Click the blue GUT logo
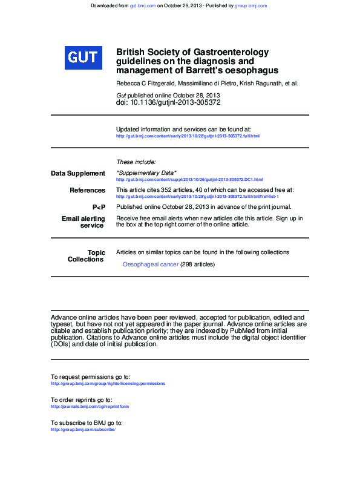point(82,57)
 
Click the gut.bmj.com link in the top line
point(143,5)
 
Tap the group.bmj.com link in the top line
point(250,5)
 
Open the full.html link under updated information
point(187,136)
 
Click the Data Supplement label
point(77,174)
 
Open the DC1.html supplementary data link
point(189,180)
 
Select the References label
point(87,191)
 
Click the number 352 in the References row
point(167,190)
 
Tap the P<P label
point(98,207)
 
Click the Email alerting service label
point(83,222)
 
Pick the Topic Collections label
point(86,256)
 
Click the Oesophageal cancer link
point(150,265)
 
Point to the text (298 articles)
point(197,265)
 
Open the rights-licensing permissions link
point(108,384)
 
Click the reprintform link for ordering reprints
point(90,407)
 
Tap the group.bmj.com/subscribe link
point(83,430)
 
